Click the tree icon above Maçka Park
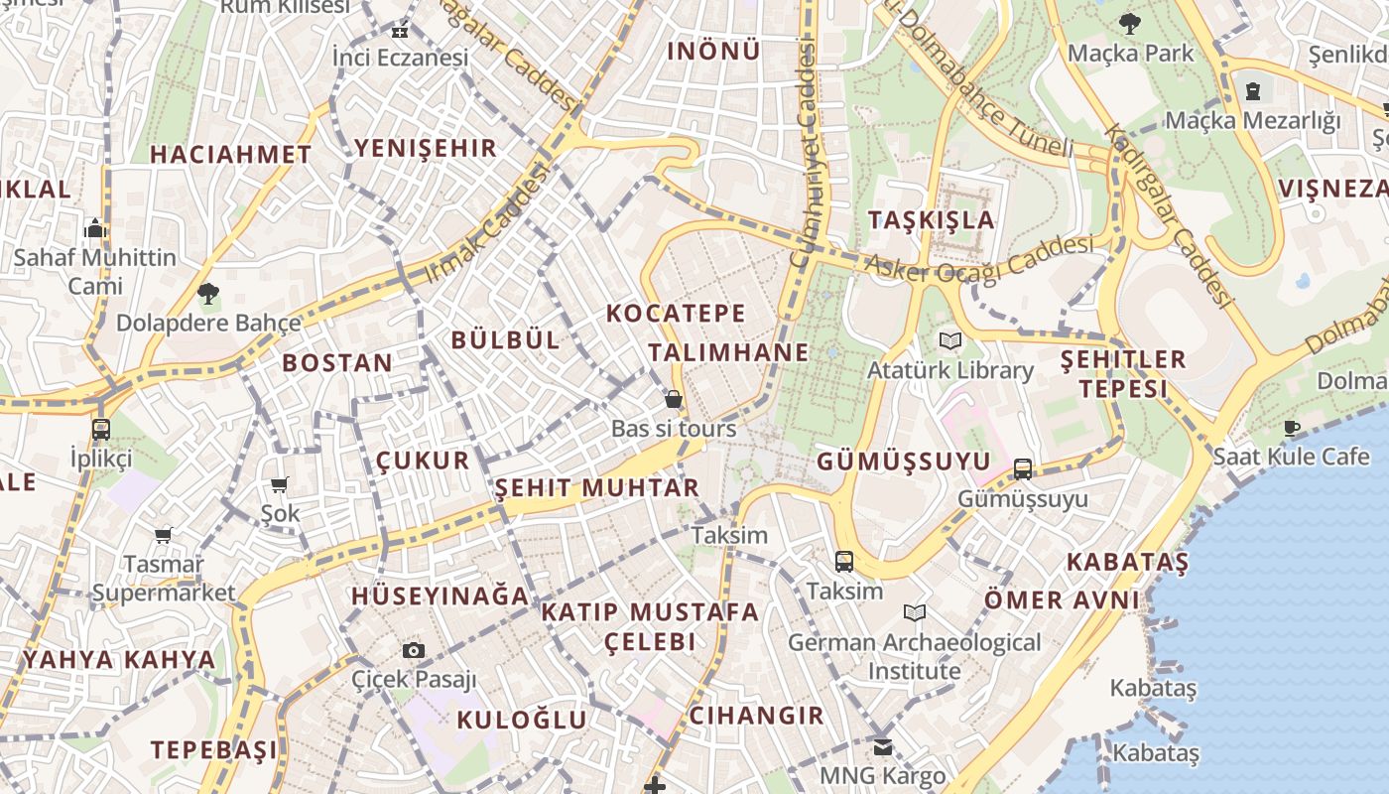coord(1129,24)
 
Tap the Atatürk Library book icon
coord(950,341)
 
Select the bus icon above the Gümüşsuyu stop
coord(1023,469)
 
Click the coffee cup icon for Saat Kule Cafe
coord(1291,428)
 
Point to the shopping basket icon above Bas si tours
coord(674,399)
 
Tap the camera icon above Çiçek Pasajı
coord(414,651)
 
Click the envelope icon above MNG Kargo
coord(882,746)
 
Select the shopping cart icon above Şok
coord(280,484)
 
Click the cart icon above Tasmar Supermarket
coord(164,535)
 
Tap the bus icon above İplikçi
coord(100,430)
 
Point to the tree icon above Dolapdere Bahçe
coord(207,293)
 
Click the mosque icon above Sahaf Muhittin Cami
coord(95,228)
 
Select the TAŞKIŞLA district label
coord(931,220)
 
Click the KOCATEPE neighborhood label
coord(676,314)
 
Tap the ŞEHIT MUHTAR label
coord(597,487)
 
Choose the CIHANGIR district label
coord(756,716)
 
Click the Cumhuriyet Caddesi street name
coord(806,159)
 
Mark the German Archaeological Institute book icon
coord(914,613)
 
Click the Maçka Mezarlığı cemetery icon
coord(1253,91)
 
